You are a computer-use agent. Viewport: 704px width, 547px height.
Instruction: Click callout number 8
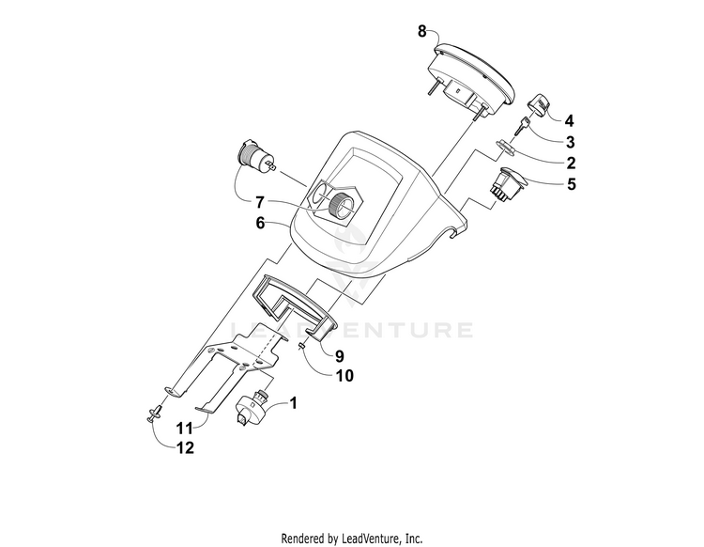[422, 31]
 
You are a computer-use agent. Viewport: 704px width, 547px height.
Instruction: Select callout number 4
[570, 120]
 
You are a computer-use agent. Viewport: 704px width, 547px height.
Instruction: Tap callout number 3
[570, 142]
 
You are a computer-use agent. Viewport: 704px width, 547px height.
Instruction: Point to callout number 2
[571, 163]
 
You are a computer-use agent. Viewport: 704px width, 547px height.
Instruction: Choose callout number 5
[571, 184]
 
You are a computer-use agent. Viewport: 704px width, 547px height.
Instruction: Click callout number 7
[260, 203]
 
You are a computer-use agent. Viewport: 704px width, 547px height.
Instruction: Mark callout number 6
[260, 223]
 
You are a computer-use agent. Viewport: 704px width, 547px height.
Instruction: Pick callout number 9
[340, 356]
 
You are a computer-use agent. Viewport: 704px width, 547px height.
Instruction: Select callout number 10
[344, 375]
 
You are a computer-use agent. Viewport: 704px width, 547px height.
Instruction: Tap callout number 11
[184, 429]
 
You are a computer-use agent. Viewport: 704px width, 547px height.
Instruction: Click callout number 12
[185, 447]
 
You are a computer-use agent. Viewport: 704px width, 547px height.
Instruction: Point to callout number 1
[293, 402]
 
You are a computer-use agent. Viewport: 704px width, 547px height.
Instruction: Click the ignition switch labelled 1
[252, 406]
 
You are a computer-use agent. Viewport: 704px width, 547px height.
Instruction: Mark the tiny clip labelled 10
[301, 346]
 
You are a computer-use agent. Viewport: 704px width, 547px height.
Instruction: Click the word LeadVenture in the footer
[369, 538]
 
